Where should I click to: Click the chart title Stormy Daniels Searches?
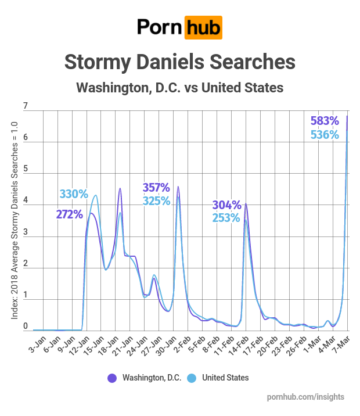point(180,62)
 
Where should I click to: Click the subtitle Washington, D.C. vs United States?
point(180,88)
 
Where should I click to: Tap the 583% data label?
point(325,121)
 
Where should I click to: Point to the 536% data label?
point(325,135)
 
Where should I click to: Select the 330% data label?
point(73,194)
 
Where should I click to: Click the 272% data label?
point(70,214)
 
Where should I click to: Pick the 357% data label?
point(156,188)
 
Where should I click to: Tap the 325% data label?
point(156,201)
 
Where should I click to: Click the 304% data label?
point(226,205)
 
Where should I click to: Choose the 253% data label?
point(226,218)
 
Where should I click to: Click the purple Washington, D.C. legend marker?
point(111,378)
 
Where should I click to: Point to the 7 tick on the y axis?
point(25,107)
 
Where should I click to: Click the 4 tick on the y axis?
point(25,202)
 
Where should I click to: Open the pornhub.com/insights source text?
point(305,397)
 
